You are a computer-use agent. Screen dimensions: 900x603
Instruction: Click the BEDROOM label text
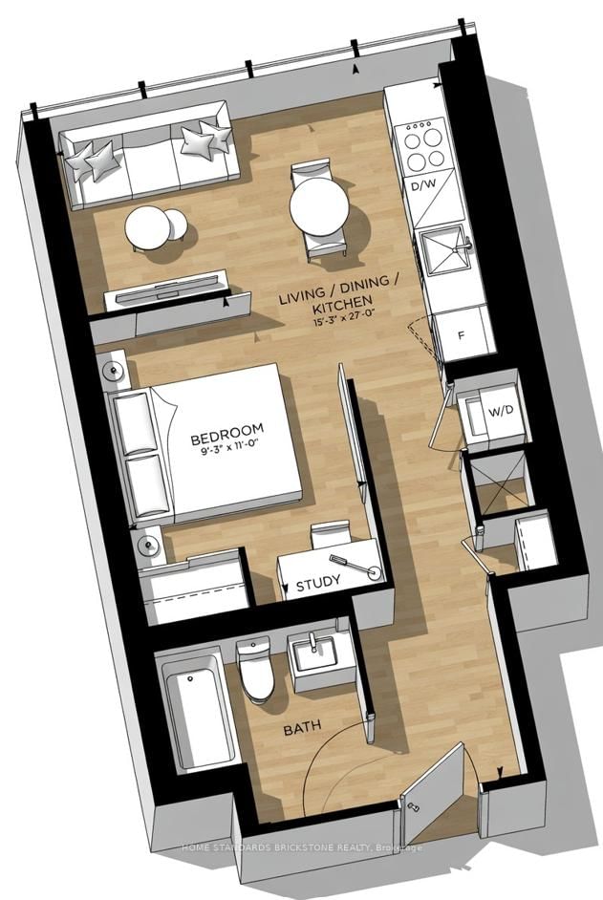[226, 439]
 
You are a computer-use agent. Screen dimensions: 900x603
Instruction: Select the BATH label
[303, 730]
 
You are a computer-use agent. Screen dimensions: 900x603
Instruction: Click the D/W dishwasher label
[422, 187]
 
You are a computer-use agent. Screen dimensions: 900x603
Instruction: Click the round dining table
[318, 209]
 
